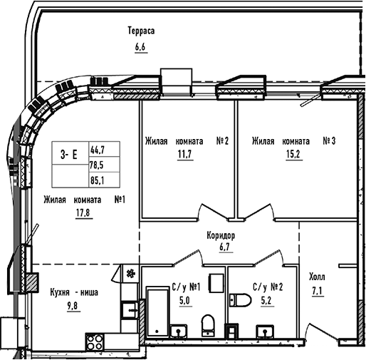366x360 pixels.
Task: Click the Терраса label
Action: tap(141, 32)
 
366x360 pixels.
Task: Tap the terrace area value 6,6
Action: tap(140, 48)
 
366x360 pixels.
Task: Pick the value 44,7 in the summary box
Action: tap(97, 150)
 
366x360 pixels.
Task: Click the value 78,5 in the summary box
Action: tap(97, 164)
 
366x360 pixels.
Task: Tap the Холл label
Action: tap(318, 277)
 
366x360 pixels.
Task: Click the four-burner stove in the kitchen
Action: tap(95, 341)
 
